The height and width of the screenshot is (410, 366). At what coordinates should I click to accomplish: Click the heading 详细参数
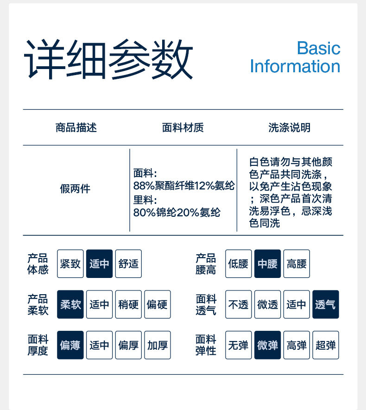click(x=108, y=60)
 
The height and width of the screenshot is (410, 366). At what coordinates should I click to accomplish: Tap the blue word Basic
click(x=318, y=48)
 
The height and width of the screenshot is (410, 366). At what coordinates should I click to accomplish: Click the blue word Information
click(x=295, y=66)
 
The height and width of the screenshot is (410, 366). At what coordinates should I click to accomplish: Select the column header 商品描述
click(x=76, y=127)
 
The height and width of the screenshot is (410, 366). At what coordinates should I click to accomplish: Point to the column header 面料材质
click(x=183, y=127)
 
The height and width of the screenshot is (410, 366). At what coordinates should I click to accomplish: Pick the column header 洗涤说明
click(x=290, y=127)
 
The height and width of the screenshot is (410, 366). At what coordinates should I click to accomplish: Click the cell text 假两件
click(x=75, y=189)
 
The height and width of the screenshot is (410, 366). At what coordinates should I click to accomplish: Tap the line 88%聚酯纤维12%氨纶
click(x=184, y=186)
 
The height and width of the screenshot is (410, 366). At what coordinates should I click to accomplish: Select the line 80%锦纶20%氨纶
click(x=177, y=213)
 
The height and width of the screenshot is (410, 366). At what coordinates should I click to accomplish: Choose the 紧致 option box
click(x=70, y=264)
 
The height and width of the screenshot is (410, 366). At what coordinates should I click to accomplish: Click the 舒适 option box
click(x=128, y=264)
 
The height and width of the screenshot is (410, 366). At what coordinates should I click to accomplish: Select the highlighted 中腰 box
click(x=267, y=264)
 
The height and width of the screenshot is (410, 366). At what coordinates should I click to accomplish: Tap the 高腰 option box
click(x=297, y=264)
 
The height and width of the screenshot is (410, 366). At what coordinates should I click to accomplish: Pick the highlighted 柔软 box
click(x=70, y=304)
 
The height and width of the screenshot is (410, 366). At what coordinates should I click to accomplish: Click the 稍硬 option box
click(x=128, y=304)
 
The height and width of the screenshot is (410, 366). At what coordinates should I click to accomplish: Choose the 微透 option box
click(x=267, y=304)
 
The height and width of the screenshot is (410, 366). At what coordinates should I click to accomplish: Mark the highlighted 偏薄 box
click(x=70, y=345)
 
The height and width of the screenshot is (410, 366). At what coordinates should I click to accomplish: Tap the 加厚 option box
click(x=158, y=345)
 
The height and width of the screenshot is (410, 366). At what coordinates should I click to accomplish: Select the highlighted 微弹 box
click(x=267, y=345)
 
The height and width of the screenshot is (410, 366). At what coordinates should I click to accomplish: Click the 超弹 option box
click(x=326, y=345)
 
